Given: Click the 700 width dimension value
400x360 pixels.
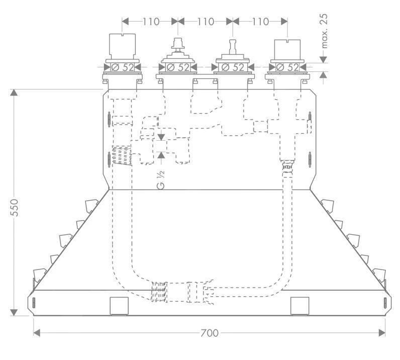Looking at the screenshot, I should pyautogui.click(x=209, y=333).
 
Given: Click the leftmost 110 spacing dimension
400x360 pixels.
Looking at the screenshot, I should pyautogui.click(x=150, y=22).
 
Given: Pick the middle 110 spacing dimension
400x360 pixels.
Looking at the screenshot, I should pyautogui.click(x=205, y=22).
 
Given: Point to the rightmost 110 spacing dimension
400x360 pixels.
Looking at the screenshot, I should pyautogui.click(x=260, y=22).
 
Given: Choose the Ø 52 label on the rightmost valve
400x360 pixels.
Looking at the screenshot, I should pyautogui.click(x=287, y=67).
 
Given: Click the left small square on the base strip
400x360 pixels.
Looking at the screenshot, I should pyautogui.click(x=119, y=305).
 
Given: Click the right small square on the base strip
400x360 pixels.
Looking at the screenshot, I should pyautogui.click(x=299, y=305).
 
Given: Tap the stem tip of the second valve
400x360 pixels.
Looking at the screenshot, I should pyautogui.click(x=177, y=40).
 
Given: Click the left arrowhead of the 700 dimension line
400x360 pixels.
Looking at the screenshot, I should pyautogui.click(x=36, y=333).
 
